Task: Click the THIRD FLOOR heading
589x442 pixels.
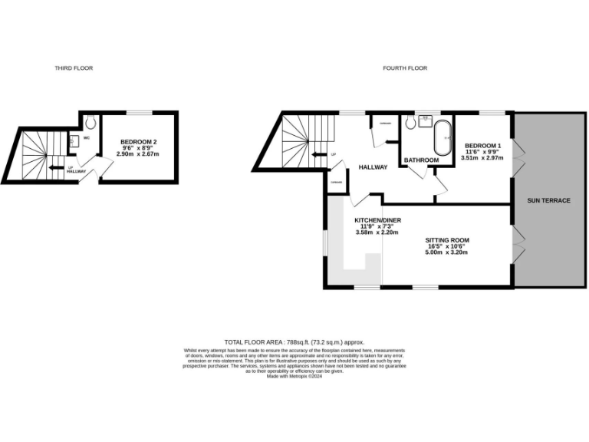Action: (74, 68)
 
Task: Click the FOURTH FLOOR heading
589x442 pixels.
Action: (405, 68)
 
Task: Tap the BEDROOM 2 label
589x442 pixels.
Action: (138, 142)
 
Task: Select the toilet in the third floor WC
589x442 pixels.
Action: (90, 121)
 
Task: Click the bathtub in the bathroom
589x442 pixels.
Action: (443, 138)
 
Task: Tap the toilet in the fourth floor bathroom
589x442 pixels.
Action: (408, 121)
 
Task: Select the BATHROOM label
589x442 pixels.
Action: (421, 160)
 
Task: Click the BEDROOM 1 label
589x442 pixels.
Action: (483, 146)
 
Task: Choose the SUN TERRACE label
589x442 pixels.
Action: (548, 200)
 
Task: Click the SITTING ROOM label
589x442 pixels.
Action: (447, 240)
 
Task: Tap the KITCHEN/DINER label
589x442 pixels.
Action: (377, 220)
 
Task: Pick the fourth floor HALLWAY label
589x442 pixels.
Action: (372, 167)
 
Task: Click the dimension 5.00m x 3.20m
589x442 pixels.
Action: (447, 254)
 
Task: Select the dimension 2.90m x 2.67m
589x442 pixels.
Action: (138, 154)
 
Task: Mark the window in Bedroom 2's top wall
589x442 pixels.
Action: (138, 113)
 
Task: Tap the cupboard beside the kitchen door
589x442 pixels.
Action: (336, 182)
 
